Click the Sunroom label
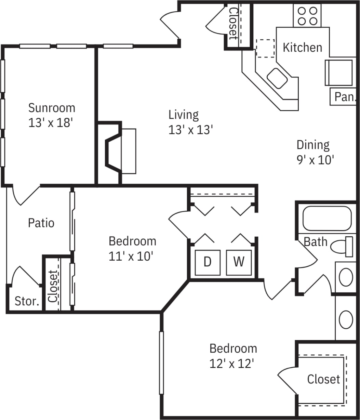pyautogui.click(x=51, y=108)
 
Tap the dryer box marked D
pyautogui.click(x=207, y=262)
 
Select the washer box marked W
pyautogui.click(x=239, y=262)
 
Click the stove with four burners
pyautogui.click(x=307, y=16)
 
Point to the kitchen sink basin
pyautogui.click(x=277, y=78)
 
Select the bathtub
pyautogui.click(x=327, y=218)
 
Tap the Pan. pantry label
pyautogui.click(x=344, y=97)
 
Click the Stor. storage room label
pyautogui.click(x=26, y=301)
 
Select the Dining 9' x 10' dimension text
pyautogui.click(x=315, y=159)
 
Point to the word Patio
pyautogui.click(x=41, y=223)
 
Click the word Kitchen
pyautogui.click(x=302, y=47)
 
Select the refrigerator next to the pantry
pyautogui.click(x=338, y=73)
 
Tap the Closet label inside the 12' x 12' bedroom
pyautogui.click(x=323, y=379)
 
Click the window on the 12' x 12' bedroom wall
pyautogui.click(x=161, y=363)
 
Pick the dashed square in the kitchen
pyautogui.click(x=265, y=48)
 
